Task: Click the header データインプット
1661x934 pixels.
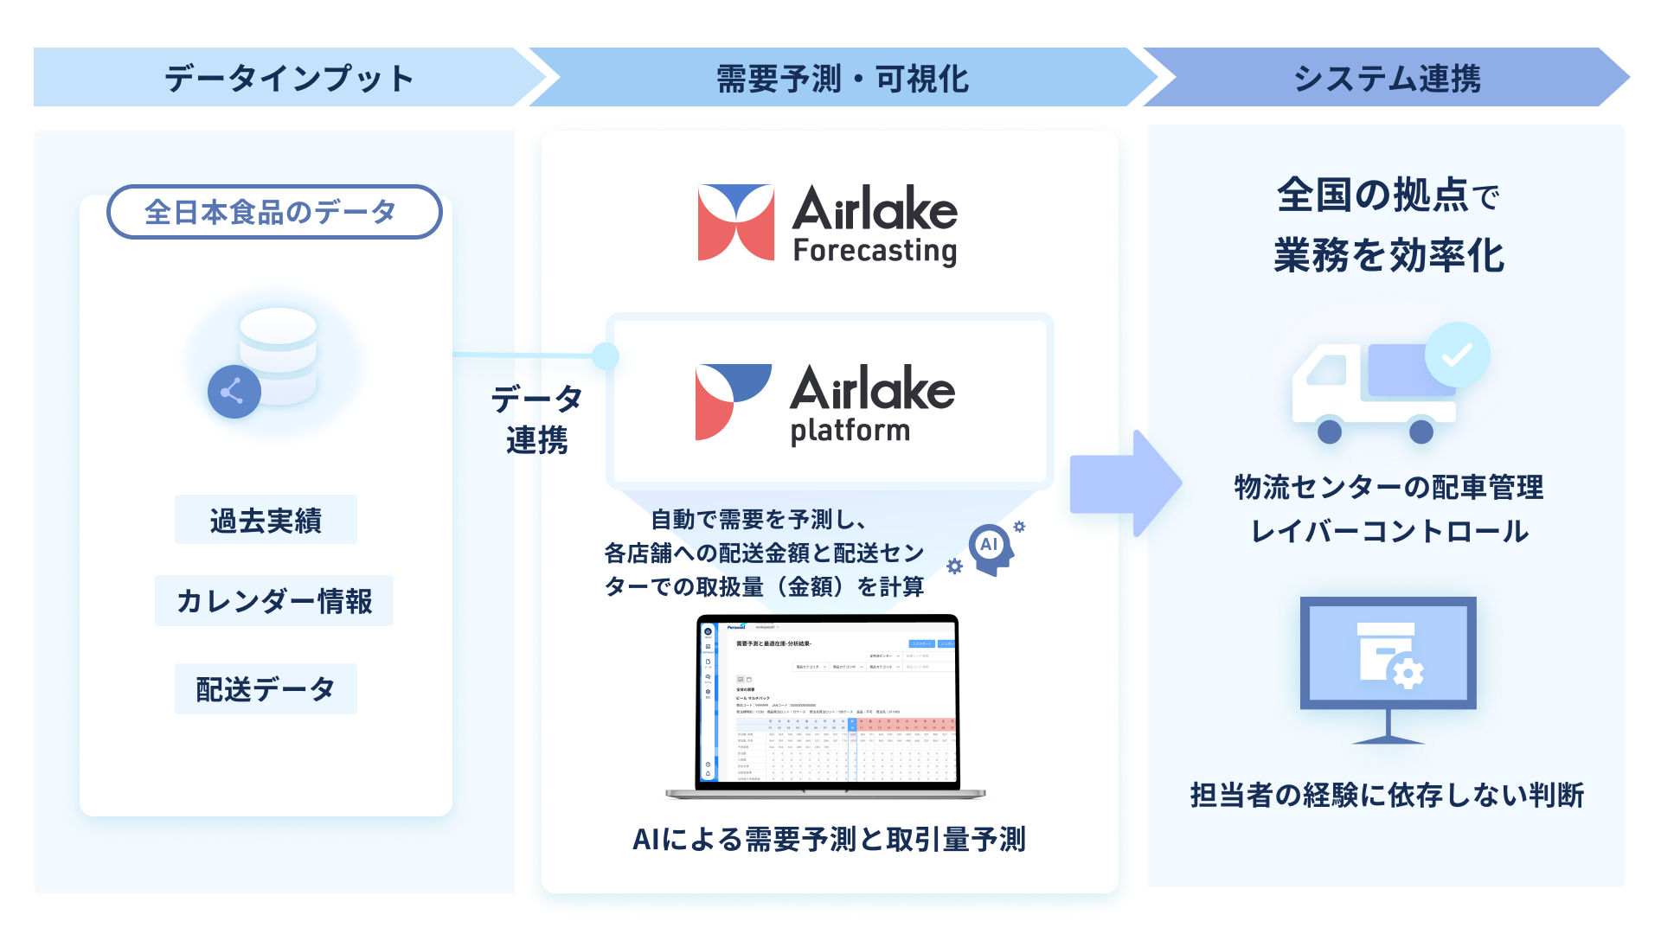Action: (288, 79)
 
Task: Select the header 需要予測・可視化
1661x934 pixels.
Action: (841, 79)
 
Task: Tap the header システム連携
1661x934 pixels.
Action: (1386, 79)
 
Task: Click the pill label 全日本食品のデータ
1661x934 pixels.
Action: (273, 212)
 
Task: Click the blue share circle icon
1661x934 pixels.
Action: (234, 392)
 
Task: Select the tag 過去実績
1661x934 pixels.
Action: (266, 520)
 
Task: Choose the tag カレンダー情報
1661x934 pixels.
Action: (273, 600)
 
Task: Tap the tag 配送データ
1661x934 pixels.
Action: (266, 689)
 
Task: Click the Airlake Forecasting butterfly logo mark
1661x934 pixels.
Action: (735, 222)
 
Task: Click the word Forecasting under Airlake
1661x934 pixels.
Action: (875, 252)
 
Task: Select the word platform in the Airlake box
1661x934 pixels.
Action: (850, 430)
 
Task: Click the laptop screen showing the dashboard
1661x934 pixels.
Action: (829, 702)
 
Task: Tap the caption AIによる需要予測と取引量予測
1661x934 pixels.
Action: (829, 839)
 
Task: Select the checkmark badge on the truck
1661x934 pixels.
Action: (1457, 355)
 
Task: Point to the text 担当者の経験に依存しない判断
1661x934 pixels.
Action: (1386, 795)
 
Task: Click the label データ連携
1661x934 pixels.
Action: (537, 419)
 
